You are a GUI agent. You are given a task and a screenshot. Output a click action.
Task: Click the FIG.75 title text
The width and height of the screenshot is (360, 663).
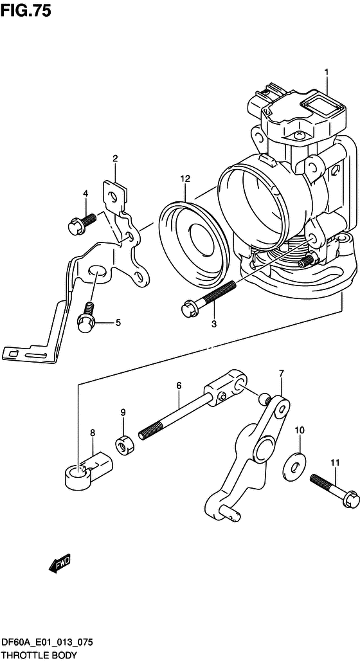pos(26,10)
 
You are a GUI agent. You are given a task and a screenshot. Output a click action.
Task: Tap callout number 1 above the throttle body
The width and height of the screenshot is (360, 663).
pos(327,73)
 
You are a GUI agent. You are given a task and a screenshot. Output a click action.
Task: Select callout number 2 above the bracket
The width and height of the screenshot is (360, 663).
pos(115,159)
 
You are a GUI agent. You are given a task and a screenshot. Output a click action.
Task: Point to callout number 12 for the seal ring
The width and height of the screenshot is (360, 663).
pos(184,179)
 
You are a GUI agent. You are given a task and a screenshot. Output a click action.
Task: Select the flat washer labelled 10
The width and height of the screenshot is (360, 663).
pos(296,466)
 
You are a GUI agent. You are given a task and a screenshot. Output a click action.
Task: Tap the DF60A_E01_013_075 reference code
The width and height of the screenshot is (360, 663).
pos(47,643)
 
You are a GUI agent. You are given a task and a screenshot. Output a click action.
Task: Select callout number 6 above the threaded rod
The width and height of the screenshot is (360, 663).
pos(179,385)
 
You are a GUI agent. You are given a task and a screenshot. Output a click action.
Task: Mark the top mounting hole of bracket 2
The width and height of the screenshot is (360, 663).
pos(113,195)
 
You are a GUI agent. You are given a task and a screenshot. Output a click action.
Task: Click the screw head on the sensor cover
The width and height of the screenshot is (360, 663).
pos(300,135)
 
